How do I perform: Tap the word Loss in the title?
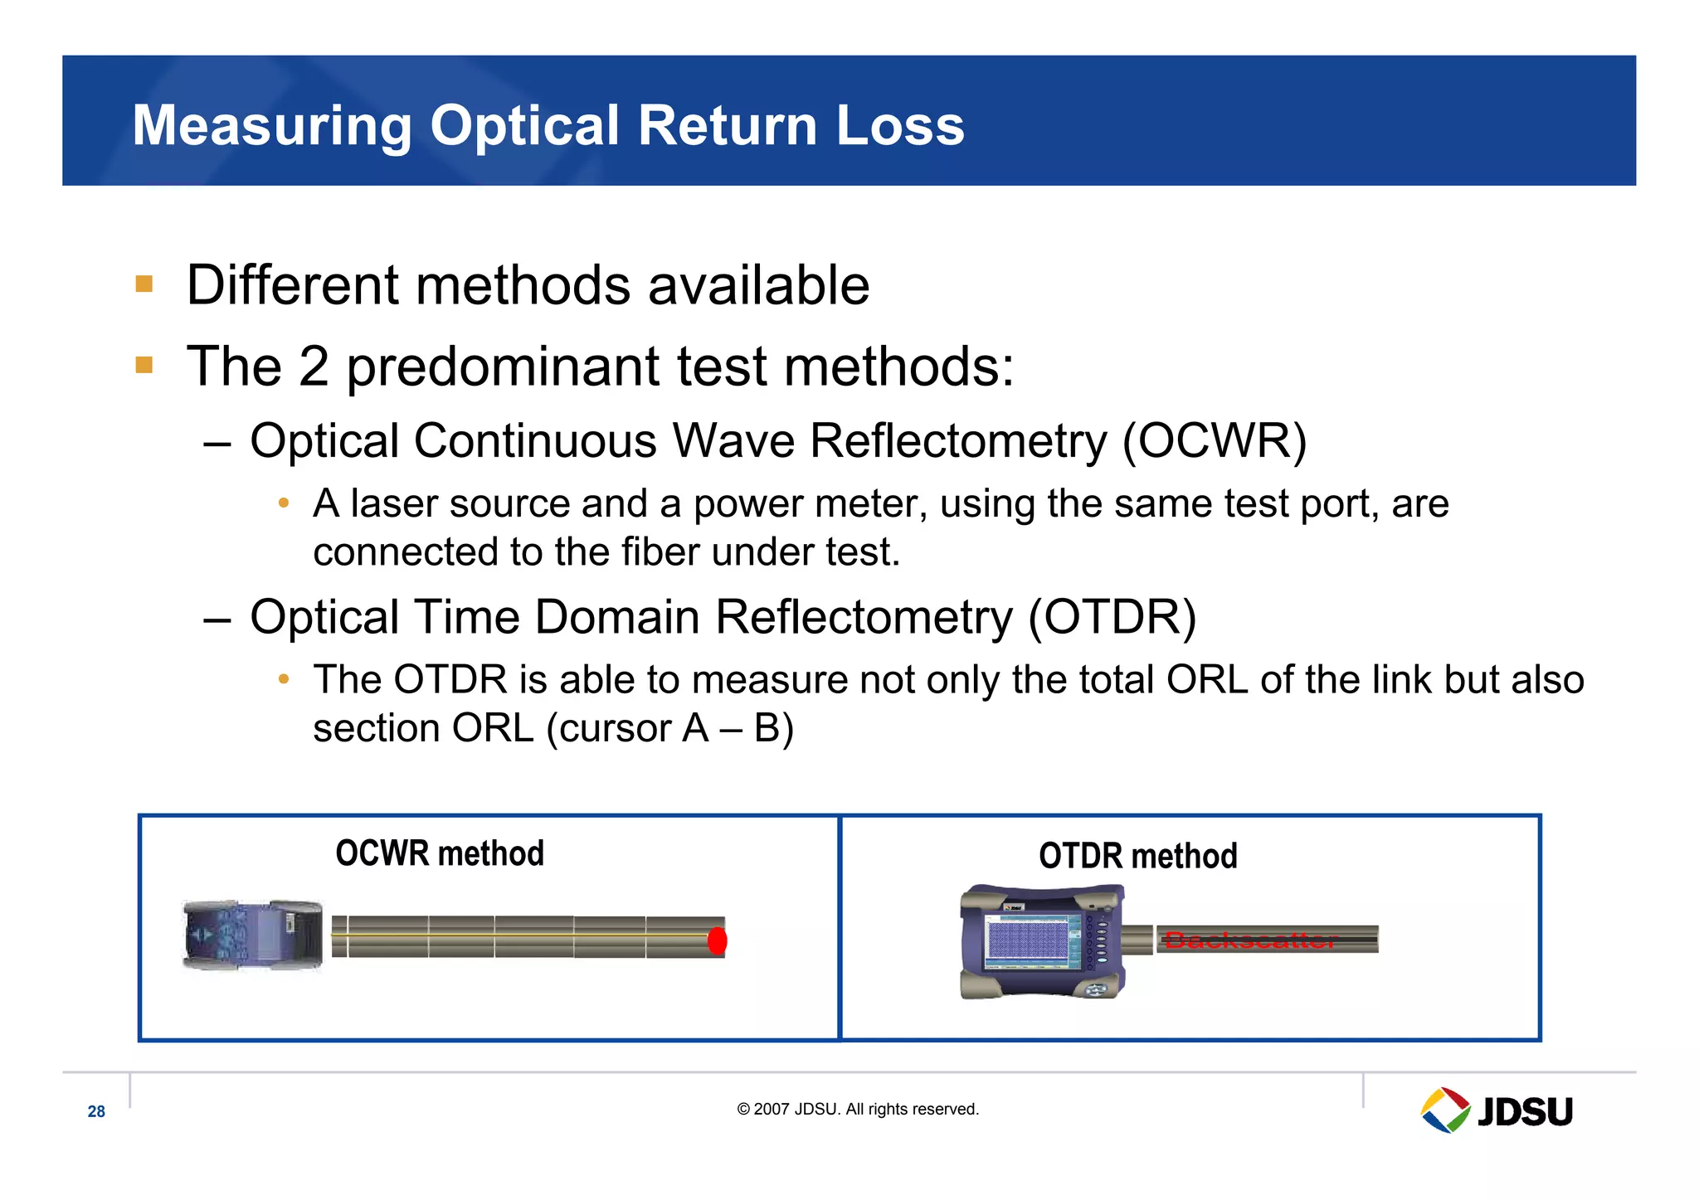(900, 126)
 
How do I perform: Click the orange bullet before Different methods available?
(144, 284)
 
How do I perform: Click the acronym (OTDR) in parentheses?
(1112, 617)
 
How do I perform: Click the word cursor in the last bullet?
(616, 728)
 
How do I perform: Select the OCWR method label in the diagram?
(440, 853)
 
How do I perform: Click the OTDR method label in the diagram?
(1137, 856)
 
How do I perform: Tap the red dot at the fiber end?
(718, 940)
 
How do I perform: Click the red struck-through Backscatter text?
(1250, 940)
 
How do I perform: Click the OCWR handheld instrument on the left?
(252, 935)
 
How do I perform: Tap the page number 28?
(96, 1111)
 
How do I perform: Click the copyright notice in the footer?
(858, 1109)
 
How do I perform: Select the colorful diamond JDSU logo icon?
(1444, 1110)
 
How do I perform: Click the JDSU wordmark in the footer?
(1525, 1111)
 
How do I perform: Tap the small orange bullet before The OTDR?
(284, 679)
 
